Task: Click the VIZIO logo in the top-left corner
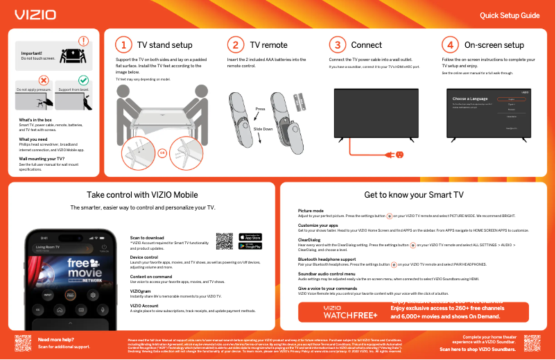point(32,14)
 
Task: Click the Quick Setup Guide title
point(510,15)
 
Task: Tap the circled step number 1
point(123,45)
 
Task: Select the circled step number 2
point(236,45)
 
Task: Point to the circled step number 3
point(337,45)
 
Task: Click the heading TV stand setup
point(164,45)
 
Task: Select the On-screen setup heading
point(494,45)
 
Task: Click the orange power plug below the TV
point(400,154)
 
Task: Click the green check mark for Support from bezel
point(84,82)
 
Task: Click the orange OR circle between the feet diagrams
point(162,153)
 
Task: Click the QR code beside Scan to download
point(224,241)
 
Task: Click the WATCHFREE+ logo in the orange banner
point(350,312)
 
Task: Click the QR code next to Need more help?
point(24,343)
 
